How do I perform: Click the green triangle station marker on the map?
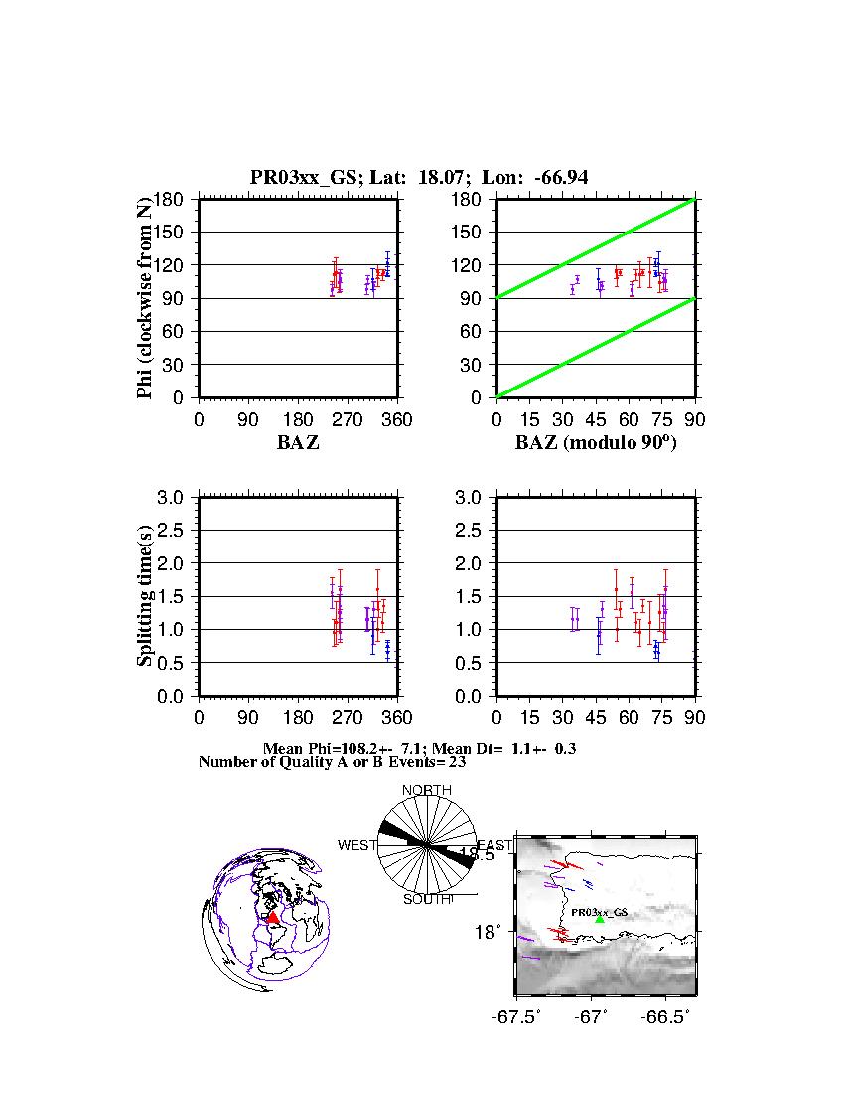[599, 920]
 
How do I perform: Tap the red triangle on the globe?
[273, 918]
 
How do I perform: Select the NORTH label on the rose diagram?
[426, 791]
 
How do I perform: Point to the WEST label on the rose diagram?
[357, 845]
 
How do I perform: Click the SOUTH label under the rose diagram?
[427, 899]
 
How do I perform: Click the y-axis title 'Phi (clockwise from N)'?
[146, 298]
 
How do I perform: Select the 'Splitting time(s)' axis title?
[146, 596]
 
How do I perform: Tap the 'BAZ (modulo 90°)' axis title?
[596, 443]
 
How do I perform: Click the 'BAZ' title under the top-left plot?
[298, 443]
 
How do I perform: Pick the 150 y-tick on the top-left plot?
[170, 232]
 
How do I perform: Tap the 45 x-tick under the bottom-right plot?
[596, 718]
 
